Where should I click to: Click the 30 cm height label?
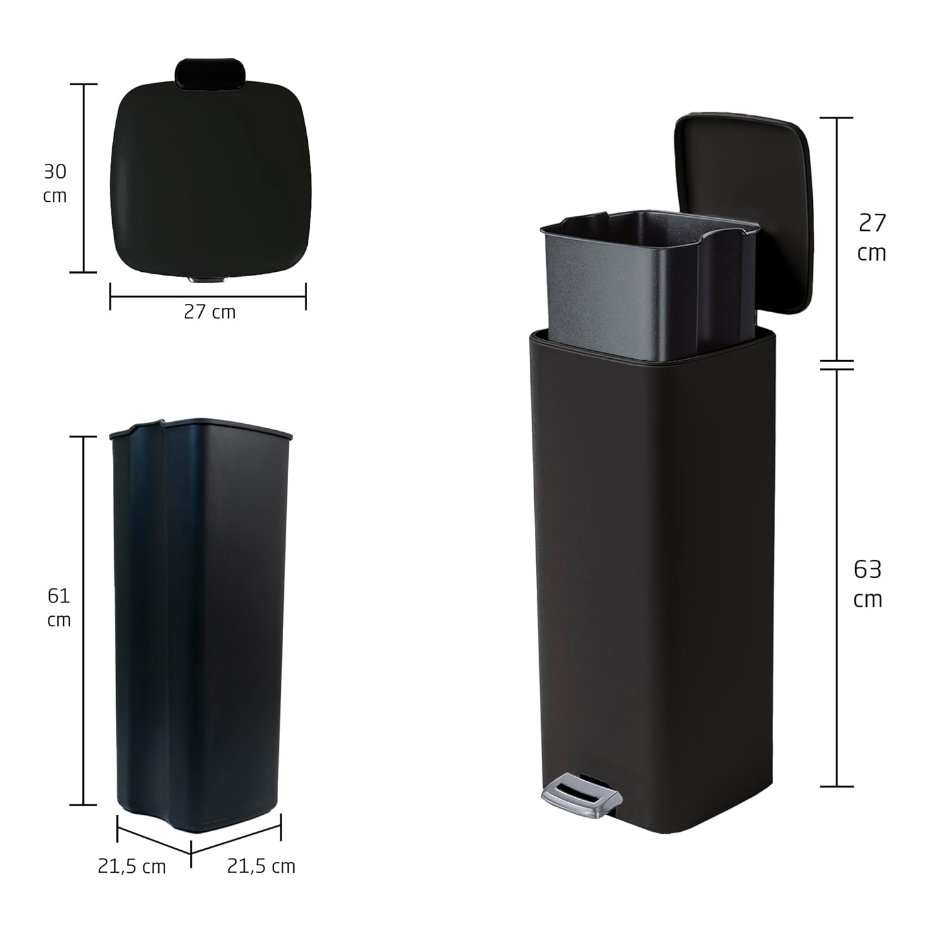[x=55, y=183]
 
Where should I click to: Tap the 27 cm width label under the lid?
[x=209, y=312]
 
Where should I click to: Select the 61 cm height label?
[x=59, y=607]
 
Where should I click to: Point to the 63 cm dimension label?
[x=867, y=584]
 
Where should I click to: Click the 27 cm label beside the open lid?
[x=872, y=238]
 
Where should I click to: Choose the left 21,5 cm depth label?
[x=132, y=867]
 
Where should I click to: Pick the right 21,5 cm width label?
[x=261, y=867]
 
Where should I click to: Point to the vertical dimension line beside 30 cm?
[x=83, y=178]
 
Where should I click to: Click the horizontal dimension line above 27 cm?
[x=208, y=295]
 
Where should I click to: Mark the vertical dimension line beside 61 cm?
[x=83, y=621]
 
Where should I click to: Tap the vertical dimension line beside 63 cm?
[x=837, y=577]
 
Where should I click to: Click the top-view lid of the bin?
[x=209, y=180]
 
